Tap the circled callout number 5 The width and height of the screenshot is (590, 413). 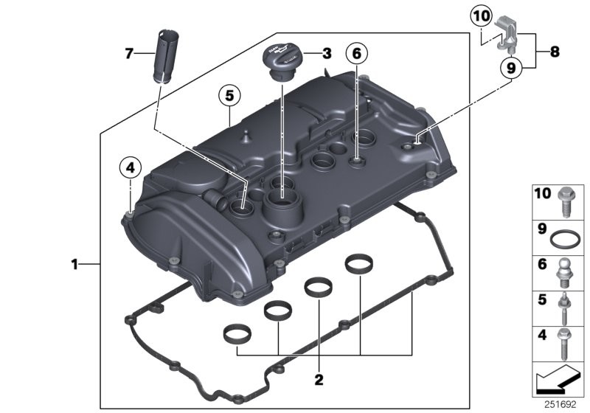point(229,94)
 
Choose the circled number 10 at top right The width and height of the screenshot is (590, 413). point(481,15)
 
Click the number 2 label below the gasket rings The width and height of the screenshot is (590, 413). point(319,381)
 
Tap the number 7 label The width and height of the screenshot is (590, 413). point(129,52)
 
